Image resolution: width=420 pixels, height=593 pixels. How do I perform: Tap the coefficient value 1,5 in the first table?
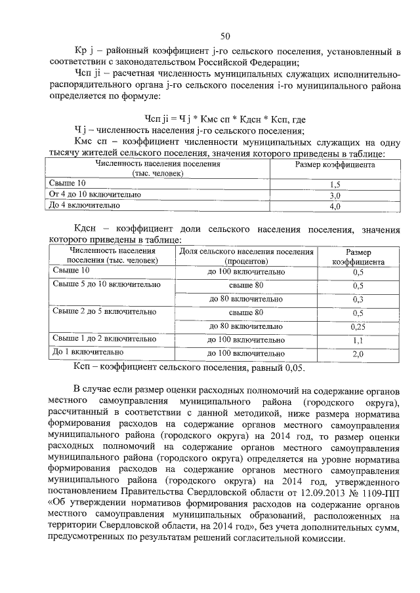coord(335,184)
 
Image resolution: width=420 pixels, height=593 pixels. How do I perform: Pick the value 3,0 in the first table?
coord(335,195)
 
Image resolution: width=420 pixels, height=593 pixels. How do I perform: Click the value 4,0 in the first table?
coord(335,206)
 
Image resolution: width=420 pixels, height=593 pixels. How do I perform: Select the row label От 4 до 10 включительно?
coord(95,195)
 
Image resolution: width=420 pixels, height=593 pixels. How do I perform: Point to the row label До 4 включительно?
coord(85,205)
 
